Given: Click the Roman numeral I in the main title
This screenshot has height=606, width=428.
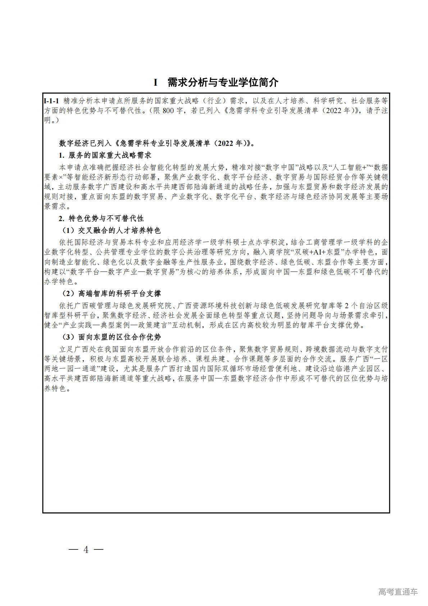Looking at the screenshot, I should pyautogui.click(x=156, y=82).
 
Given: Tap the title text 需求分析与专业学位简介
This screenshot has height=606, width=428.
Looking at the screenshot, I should pyautogui.click(x=223, y=82).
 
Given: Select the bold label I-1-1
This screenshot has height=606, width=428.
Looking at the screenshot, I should pyautogui.click(x=51, y=101).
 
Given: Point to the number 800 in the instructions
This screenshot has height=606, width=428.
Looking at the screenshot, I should pyautogui.click(x=168, y=111).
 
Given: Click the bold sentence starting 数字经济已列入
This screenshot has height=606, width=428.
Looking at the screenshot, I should pyautogui.click(x=157, y=143).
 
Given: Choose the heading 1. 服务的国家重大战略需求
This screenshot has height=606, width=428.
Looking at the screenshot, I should pyautogui.click(x=105, y=155).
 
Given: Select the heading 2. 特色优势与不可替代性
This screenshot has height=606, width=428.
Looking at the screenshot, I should pyautogui.click(x=101, y=219).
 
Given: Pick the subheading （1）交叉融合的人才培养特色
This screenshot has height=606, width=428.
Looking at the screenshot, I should pyautogui.click(x=110, y=230).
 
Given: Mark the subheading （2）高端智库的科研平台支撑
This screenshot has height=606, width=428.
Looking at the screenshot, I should pyautogui.click(x=110, y=294).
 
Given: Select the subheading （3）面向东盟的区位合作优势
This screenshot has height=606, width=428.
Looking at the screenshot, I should pyautogui.click(x=110, y=337).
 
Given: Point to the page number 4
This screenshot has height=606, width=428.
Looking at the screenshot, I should pyautogui.click(x=86, y=549).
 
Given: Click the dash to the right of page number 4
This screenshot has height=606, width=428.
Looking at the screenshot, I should pyautogui.click(x=99, y=549).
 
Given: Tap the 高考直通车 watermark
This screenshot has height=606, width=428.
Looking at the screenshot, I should pyautogui.click(x=398, y=592).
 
